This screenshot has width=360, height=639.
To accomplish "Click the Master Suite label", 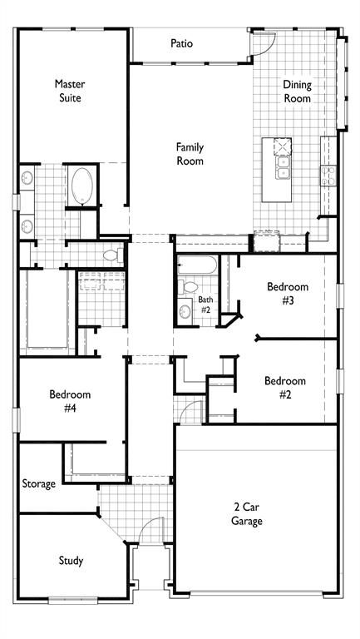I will (x=71, y=91).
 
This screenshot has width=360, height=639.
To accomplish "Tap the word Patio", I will (x=182, y=43).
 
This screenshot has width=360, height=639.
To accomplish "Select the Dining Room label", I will (x=297, y=92).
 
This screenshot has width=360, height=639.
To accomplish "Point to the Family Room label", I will (x=190, y=154).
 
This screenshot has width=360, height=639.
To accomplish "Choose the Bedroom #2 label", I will (x=284, y=388).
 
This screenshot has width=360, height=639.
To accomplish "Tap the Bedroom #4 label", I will (x=70, y=401).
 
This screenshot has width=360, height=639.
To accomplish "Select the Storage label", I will (x=39, y=483).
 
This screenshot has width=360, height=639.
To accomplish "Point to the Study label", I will (x=71, y=561).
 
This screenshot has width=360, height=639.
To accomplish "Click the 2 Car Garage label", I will (x=247, y=514).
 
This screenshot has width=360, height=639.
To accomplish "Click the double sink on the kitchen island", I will (x=284, y=169).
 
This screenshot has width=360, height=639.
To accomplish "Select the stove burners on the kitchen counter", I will (x=328, y=175).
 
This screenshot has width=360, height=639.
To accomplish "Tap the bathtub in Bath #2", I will (x=198, y=265).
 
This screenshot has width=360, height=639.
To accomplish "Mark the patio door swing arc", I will (x=259, y=48).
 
